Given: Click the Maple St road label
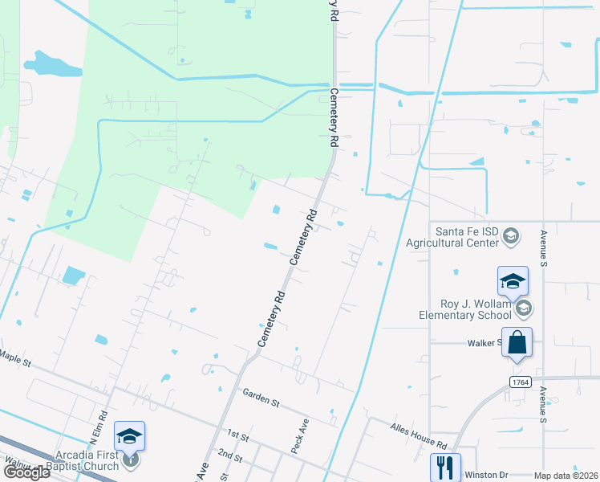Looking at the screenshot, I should (x=15, y=357).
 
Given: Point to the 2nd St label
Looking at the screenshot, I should (x=230, y=455).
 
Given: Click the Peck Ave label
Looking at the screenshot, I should (x=300, y=435).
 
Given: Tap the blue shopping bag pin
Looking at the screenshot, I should (x=518, y=342).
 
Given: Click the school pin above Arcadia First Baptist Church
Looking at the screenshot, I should (x=129, y=436).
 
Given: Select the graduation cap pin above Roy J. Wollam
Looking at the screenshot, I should (x=513, y=281).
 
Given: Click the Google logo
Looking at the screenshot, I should (x=26, y=472).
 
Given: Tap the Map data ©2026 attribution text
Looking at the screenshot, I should (x=566, y=476).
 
